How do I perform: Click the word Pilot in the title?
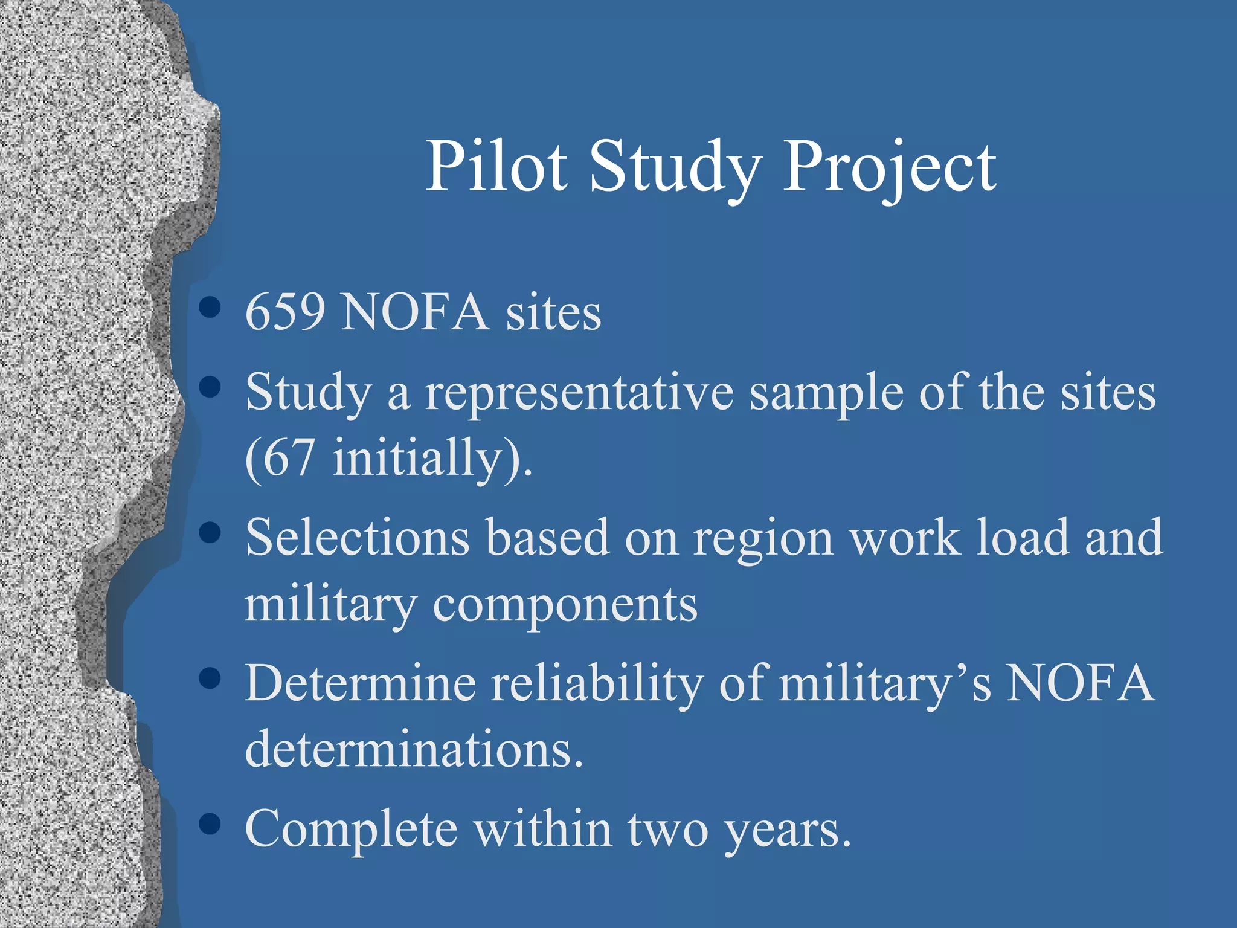pyautogui.click(x=496, y=166)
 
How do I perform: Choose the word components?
pyautogui.click(x=565, y=605)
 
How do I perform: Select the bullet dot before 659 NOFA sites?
pyautogui.click(x=209, y=307)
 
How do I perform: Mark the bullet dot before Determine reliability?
pyautogui.click(x=209, y=678)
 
